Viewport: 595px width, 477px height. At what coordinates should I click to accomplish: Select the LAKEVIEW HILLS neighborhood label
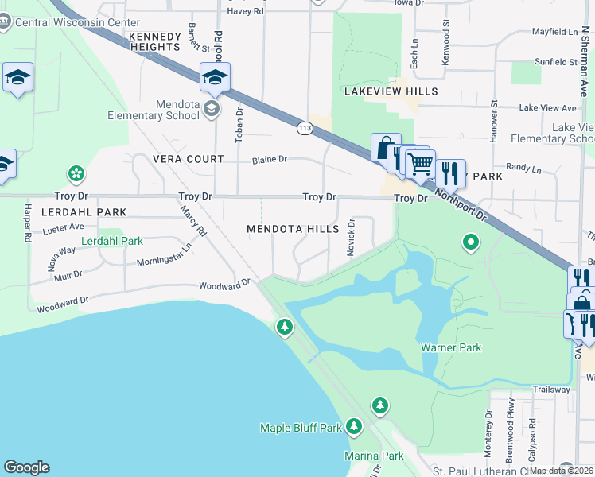pyautogui.click(x=391, y=91)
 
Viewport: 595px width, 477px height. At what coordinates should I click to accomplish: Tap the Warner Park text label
pyautogui.click(x=448, y=347)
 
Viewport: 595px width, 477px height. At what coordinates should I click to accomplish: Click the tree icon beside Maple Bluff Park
pyautogui.click(x=354, y=428)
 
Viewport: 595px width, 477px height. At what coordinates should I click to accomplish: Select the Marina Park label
pyautogui.click(x=374, y=456)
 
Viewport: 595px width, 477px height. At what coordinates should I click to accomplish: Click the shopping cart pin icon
pyautogui.click(x=420, y=164)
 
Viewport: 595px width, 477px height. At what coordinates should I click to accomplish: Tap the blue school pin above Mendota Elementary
pyautogui.click(x=215, y=78)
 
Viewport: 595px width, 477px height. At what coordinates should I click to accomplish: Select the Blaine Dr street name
pyautogui.click(x=269, y=159)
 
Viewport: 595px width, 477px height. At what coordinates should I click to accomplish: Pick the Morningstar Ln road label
pyautogui.click(x=165, y=262)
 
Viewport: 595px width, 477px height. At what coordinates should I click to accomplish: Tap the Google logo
pyautogui.click(x=26, y=467)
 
